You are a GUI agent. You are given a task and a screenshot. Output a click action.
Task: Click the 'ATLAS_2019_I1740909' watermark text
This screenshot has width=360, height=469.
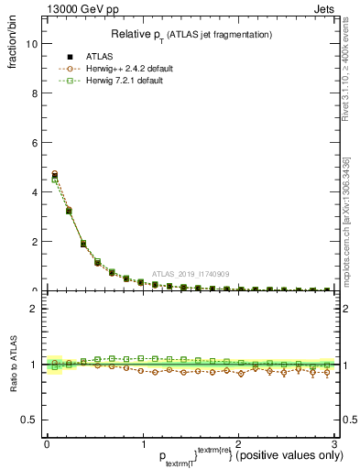point(191,274)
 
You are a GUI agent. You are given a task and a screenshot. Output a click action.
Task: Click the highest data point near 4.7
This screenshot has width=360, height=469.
point(55,173)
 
